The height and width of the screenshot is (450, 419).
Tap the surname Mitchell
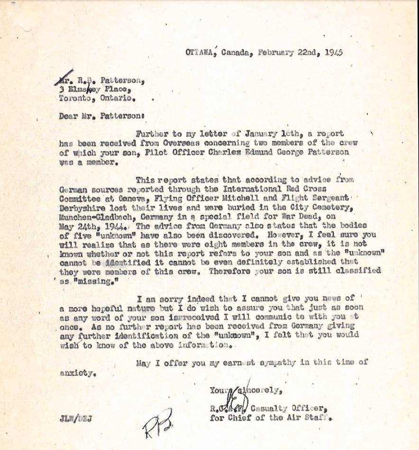(x=254, y=197)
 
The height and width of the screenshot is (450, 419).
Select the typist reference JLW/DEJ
(x=76, y=419)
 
